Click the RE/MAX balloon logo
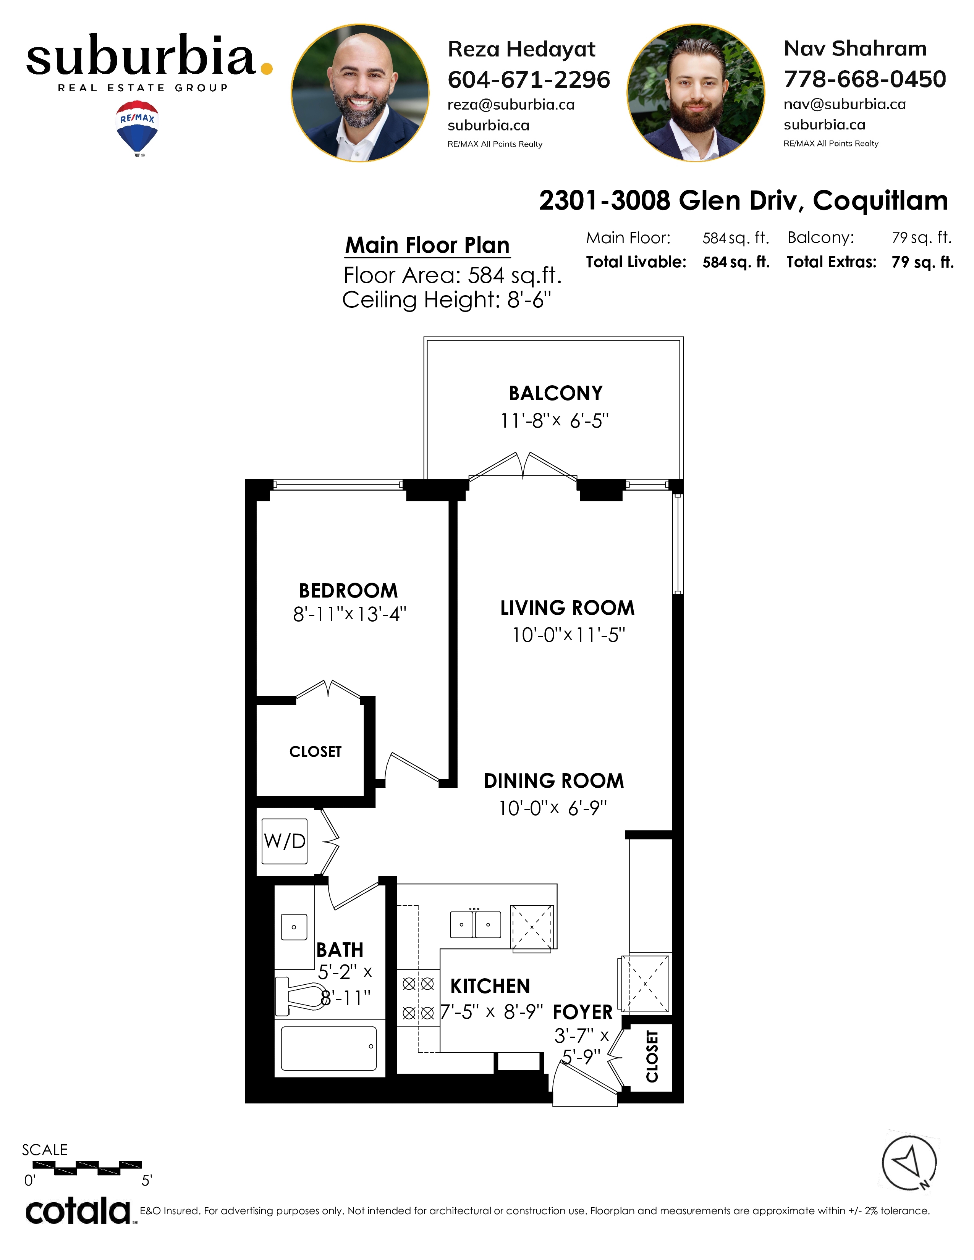[138, 128]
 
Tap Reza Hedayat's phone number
[529, 80]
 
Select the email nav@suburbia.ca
[845, 104]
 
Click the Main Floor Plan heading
[427, 245]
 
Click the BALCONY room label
[556, 393]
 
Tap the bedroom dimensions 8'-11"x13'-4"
[349, 614]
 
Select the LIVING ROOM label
[567, 608]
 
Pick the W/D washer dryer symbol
[285, 841]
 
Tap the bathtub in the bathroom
[329, 1048]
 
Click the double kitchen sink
[476, 924]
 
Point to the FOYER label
[583, 1013]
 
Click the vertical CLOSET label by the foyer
[652, 1056]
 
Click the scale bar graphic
[98, 1168]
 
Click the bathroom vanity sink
[294, 927]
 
